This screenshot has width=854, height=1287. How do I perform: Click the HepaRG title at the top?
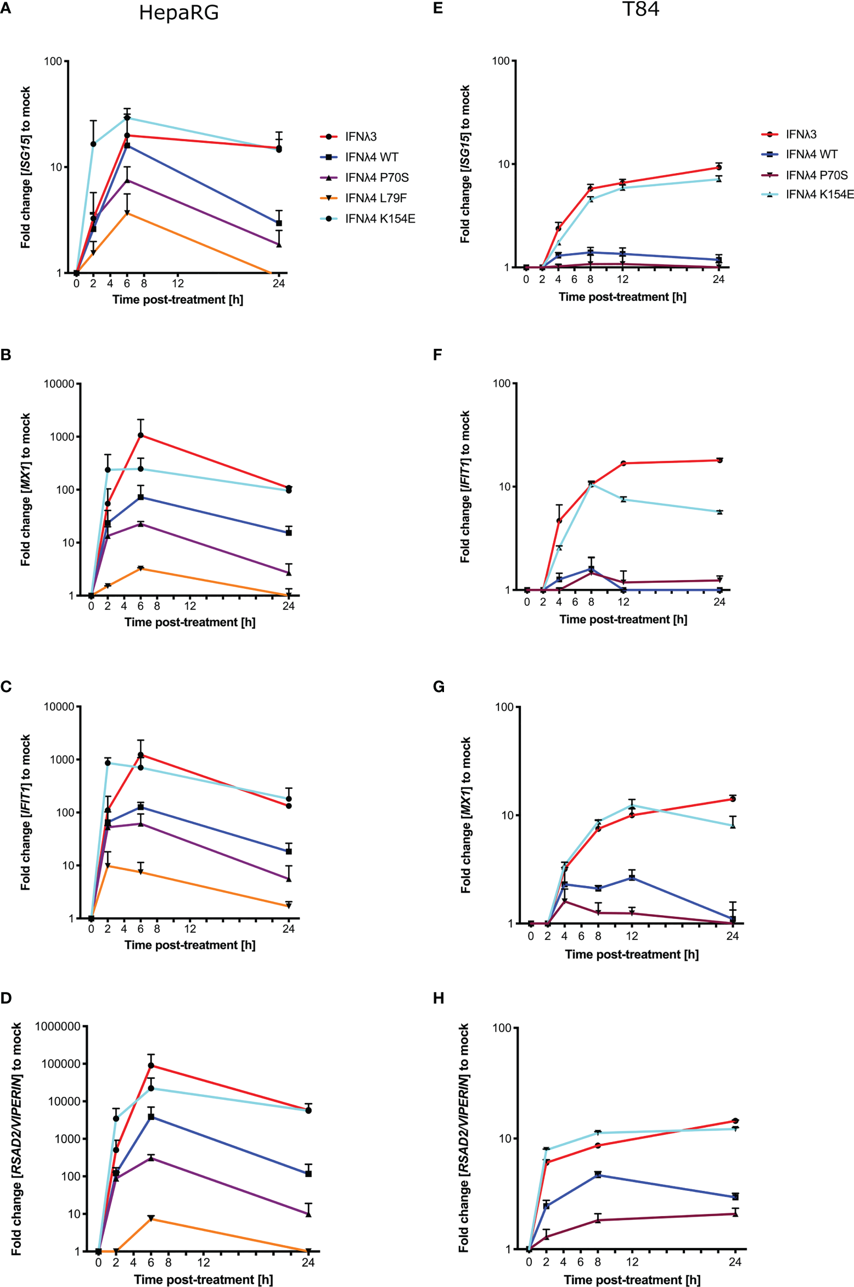pos(179,13)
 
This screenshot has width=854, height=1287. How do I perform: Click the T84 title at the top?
pos(640,9)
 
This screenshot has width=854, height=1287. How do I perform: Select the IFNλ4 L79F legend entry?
pos(376,198)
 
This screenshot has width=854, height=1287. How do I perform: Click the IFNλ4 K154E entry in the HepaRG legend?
pos(380,219)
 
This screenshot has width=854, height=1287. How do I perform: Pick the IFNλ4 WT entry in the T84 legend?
pos(811,154)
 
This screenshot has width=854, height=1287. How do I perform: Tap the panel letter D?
pos(6,998)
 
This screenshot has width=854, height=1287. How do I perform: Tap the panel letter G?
pos(439,687)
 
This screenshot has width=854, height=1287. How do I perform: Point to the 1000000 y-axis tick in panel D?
pos(58,1026)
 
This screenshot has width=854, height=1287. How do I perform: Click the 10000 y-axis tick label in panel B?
pos(59,384)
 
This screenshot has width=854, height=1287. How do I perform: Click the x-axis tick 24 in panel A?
pos(279,283)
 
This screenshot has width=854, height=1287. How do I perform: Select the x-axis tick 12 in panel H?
pos(632,1262)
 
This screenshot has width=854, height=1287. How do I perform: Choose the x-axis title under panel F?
pos(623,619)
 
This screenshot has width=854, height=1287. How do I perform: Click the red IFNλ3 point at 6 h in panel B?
pos(141,435)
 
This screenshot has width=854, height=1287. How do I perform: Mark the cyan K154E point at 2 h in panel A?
pos(93,144)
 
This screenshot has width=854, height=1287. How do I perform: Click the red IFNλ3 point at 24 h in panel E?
pos(718,168)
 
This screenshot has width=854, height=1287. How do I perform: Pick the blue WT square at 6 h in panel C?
pos(141,807)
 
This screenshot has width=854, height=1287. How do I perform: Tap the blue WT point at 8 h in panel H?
pos(598,1174)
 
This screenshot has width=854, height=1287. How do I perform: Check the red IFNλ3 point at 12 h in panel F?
pos(623,463)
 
